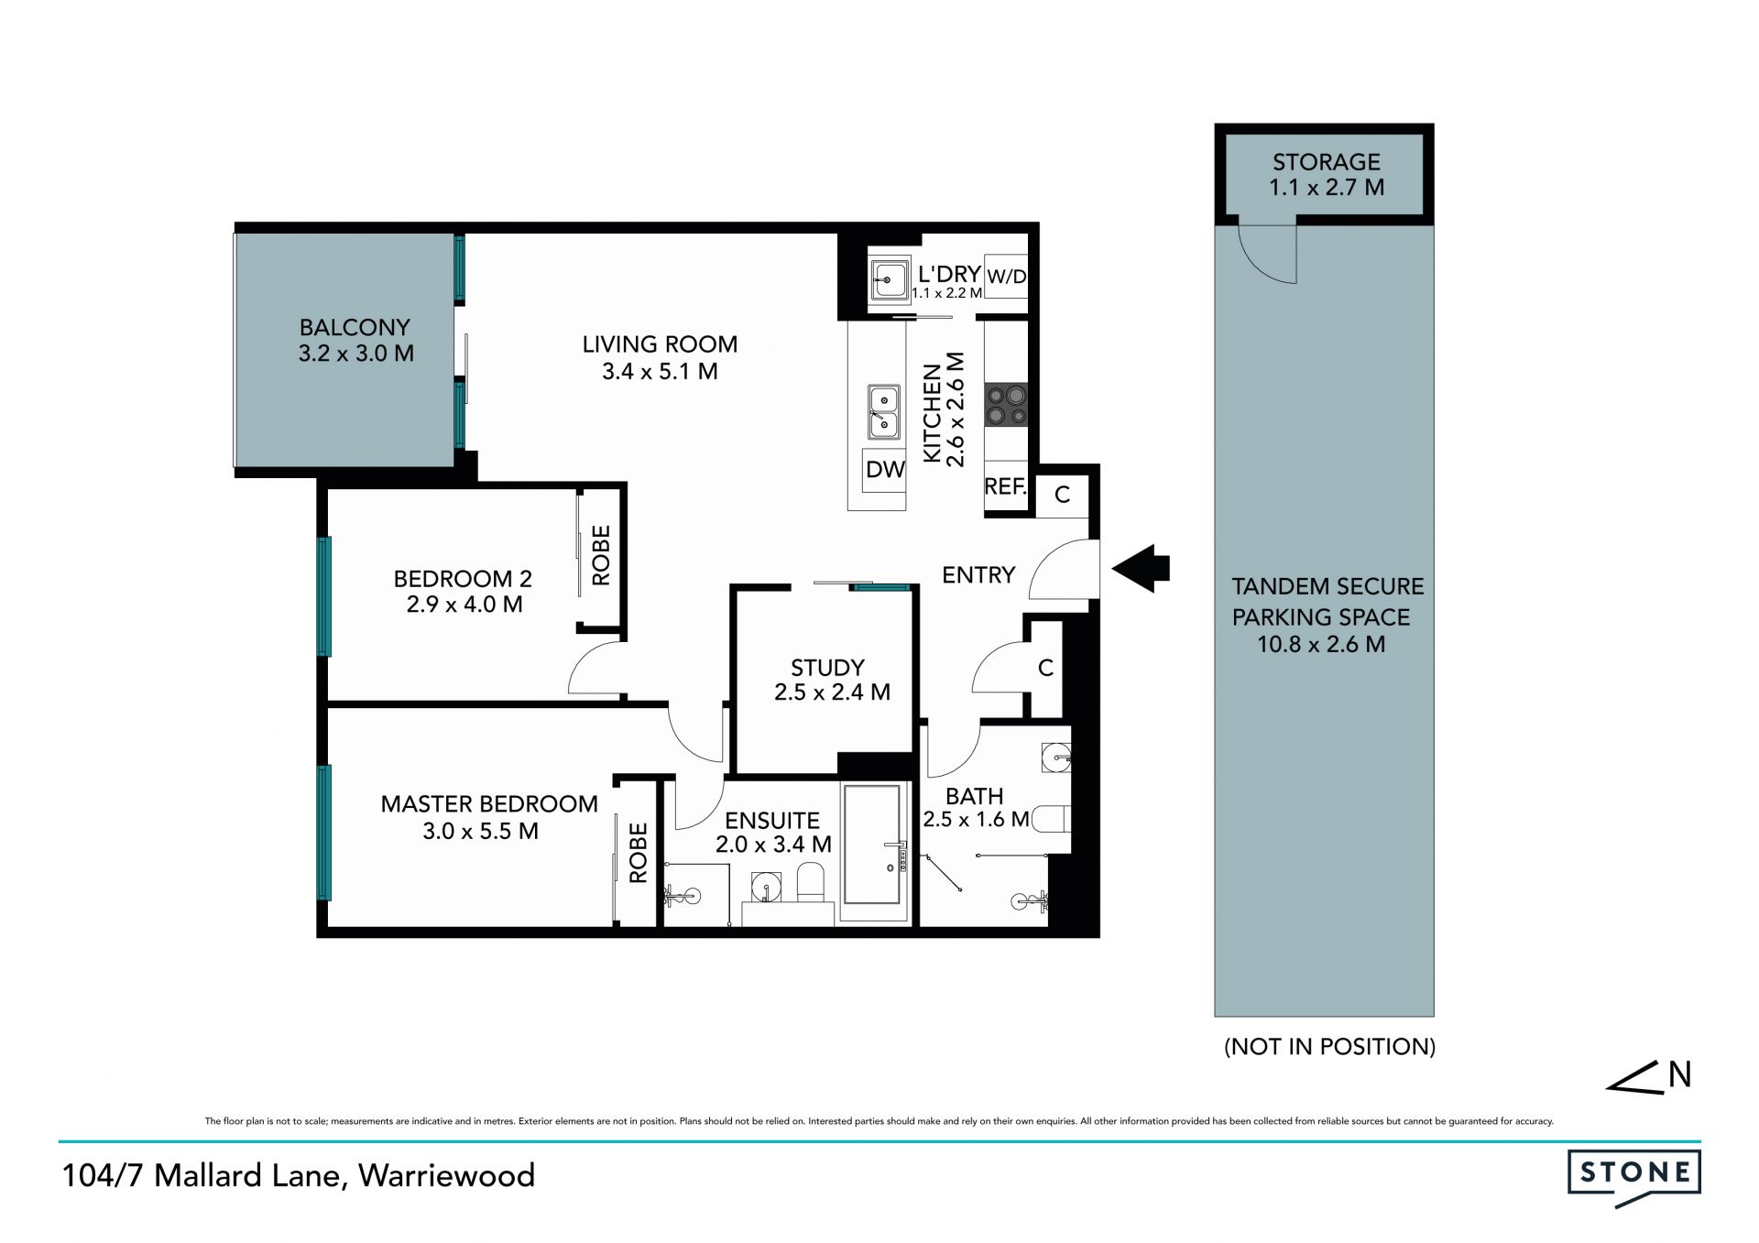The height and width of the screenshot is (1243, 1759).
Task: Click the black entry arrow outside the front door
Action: (x=1141, y=569)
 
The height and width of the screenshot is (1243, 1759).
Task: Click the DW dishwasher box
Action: (x=884, y=470)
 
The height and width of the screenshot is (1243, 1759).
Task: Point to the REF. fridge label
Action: (x=1005, y=486)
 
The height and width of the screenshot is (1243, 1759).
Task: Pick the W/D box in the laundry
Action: (x=1006, y=277)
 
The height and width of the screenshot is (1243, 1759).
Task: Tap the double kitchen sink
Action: (x=883, y=411)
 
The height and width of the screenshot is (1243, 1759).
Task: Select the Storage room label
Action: (x=1326, y=162)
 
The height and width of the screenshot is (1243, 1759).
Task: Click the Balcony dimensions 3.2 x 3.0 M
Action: (x=355, y=354)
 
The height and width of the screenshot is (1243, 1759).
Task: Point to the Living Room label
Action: (x=660, y=344)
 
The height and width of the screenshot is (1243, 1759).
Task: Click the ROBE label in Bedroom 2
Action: (x=601, y=555)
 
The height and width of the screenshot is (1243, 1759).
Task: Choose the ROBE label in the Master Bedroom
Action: (x=639, y=853)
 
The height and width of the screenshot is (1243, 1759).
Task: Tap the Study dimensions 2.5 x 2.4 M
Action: (x=832, y=692)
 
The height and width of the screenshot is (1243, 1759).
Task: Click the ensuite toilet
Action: (x=811, y=881)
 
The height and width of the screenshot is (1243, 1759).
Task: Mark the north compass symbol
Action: (x=1648, y=1076)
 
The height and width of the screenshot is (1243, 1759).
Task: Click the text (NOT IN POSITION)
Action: (x=1329, y=1047)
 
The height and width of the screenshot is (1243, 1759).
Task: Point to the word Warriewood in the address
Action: (x=446, y=1176)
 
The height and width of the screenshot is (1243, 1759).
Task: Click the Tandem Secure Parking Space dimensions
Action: (x=1320, y=645)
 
